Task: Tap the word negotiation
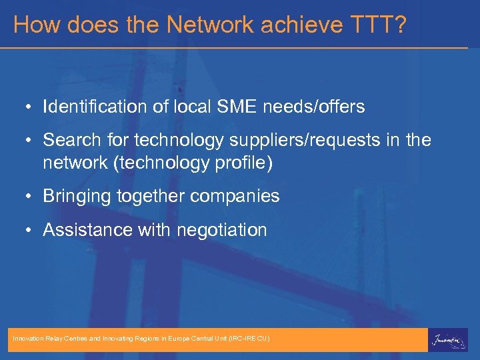221,231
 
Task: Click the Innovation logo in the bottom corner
448,339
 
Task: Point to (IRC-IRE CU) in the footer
249,339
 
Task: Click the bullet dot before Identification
31,107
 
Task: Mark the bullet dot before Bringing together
31,197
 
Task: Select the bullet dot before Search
31,141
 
